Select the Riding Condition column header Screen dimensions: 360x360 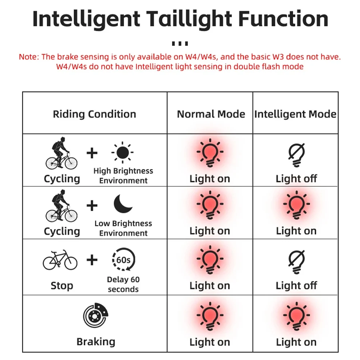[x=95, y=114]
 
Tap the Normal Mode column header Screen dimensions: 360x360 [x=211, y=114]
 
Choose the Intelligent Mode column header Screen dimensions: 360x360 [x=295, y=114]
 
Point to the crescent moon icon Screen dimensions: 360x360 [x=123, y=204]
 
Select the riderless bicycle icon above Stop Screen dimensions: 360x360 [x=60, y=260]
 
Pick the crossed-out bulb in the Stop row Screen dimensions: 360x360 [x=296, y=261]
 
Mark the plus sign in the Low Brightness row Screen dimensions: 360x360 [x=92, y=206]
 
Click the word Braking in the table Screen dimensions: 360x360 [x=96, y=342]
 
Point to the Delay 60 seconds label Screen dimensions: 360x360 [x=123, y=284]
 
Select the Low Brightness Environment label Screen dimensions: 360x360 [x=123, y=228]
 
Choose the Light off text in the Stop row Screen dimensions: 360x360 [x=296, y=286]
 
